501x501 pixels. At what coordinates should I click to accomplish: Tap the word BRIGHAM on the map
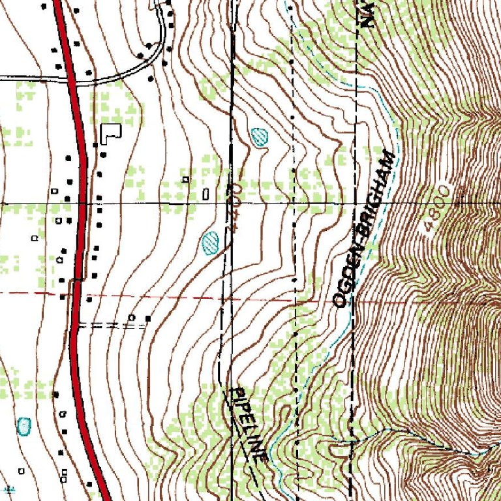[x=377, y=194]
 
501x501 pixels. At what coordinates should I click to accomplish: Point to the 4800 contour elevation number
[x=436, y=208]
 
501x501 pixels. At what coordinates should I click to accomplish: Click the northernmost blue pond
[x=260, y=137]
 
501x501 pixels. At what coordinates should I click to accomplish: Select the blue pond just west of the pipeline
[x=209, y=242]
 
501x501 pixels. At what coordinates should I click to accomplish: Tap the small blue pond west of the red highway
[x=24, y=426]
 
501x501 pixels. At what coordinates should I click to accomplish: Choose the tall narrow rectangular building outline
[x=207, y=194]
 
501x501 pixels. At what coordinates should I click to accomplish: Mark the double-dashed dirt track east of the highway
[x=108, y=324]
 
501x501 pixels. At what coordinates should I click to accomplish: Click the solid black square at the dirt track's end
[x=147, y=318]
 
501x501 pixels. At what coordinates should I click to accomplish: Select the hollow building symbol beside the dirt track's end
[x=132, y=318]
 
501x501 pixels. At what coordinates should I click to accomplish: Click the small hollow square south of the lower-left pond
[x=22, y=470]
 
